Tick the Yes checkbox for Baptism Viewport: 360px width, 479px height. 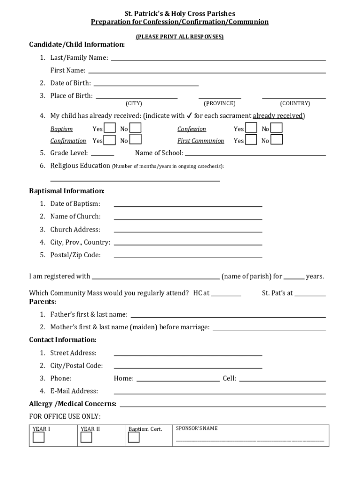[x=110, y=128]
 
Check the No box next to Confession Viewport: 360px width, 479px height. [x=277, y=128]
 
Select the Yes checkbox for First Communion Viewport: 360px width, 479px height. [x=251, y=140]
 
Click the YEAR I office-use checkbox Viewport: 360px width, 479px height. [x=38, y=437]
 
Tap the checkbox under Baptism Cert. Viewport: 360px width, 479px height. [x=134, y=437]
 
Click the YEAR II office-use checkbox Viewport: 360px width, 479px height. [x=86, y=437]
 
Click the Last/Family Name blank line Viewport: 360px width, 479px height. [x=218, y=58]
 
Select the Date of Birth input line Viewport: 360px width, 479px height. [x=146, y=84]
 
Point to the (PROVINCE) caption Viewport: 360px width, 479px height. [x=220, y=103]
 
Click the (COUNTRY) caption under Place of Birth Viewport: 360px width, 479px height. [x=295, y=103]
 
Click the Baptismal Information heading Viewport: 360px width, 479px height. [x=67, y=191]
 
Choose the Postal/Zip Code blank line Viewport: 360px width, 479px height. [x=187, y=256]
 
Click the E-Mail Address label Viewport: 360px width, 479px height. [x=74, y=391]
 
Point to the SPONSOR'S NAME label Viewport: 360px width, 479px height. [x=196, y=428]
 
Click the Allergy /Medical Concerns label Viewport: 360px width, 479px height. [x=72, y=404]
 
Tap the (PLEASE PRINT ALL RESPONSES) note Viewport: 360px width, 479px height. [x=180, y=36]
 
